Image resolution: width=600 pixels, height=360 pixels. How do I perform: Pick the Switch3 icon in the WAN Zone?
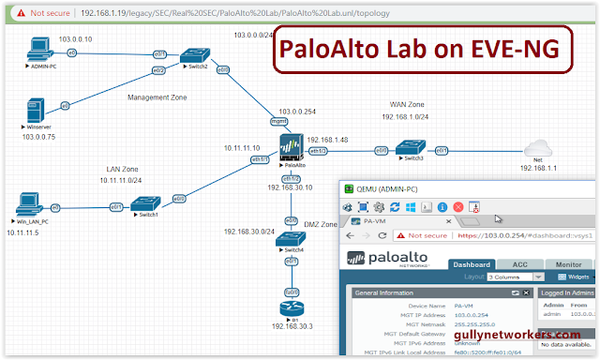pyautogui.click(x=409, y=147)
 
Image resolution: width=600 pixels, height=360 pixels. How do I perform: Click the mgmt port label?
pyautogui.click(x=278, y=121)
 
